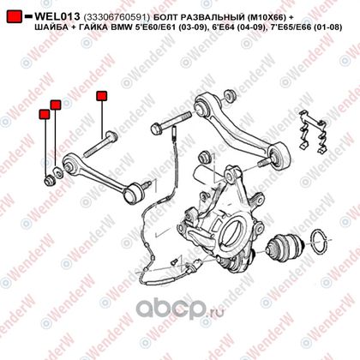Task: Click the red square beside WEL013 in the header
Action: (15, 16)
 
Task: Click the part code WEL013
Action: (57, 16)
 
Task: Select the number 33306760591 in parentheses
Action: (117, 18)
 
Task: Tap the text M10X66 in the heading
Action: (266, 18)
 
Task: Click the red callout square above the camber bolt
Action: (102, 96)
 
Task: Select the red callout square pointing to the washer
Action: (56, 105)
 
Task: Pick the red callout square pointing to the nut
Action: (45, 114)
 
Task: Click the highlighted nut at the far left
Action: (50, 180)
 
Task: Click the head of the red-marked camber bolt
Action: (111, 136)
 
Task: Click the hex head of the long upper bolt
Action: (157, 128)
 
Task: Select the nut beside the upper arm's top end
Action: (229, 95)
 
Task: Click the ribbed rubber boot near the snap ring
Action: (285, 248)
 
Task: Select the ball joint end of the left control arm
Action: (134, 194)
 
